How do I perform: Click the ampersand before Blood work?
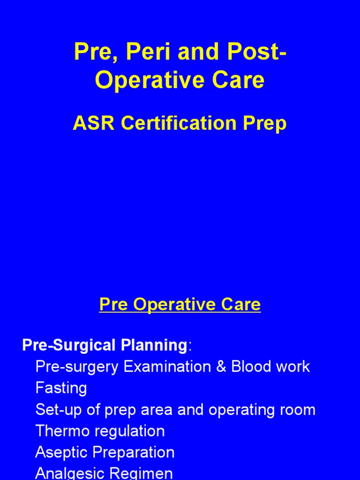click(x=221, y=367)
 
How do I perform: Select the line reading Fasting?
click(x=61, y=388)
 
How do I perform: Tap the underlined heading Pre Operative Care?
click(x=180, y=305)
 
